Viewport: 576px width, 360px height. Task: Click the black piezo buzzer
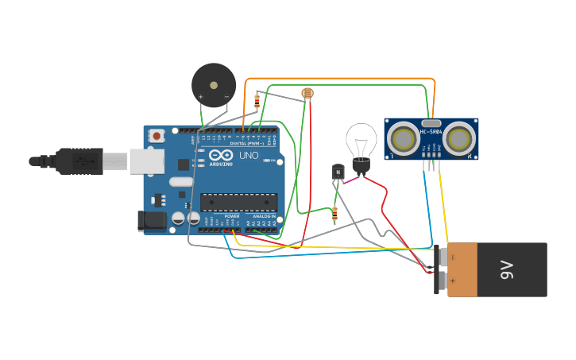[213, 83]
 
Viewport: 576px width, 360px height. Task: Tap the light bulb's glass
[361, 141]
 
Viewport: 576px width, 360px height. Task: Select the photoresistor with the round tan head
[307, 94]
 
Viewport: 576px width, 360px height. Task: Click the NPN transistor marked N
[338, 171]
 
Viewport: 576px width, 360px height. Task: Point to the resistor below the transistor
[334, 213]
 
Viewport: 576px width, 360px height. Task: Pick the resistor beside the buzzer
[257, 101]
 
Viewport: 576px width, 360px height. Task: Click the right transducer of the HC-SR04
[458, 139]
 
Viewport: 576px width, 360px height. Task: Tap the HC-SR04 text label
[431, 131]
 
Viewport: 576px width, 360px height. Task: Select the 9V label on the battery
[507, 270]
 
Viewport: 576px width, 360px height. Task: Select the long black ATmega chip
[238, 203]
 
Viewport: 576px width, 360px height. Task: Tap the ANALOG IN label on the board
[264, 216]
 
